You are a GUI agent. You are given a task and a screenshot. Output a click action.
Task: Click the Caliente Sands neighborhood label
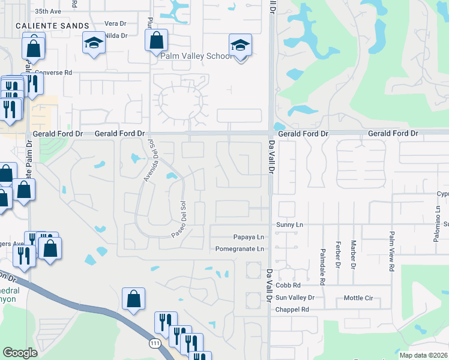pos(53,26)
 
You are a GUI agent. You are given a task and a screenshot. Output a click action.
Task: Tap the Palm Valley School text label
pos(196,56)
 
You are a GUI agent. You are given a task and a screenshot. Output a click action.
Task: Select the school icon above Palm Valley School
pos(240,46)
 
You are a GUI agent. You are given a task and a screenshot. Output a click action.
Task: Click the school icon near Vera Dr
pos(93,43)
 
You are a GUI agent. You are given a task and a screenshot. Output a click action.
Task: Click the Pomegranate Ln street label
pos(240,248)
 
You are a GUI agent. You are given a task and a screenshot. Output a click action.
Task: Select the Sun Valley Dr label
pos(295,298)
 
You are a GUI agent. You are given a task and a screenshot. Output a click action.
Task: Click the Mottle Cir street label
pos(358,298)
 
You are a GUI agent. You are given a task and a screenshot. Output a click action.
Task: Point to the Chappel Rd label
pos(292,310)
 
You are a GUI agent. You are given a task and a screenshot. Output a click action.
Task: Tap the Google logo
pos(20,353)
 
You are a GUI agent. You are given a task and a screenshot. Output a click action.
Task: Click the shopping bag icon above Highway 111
pos(133,299)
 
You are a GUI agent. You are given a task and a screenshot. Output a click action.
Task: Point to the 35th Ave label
pos(49,11)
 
